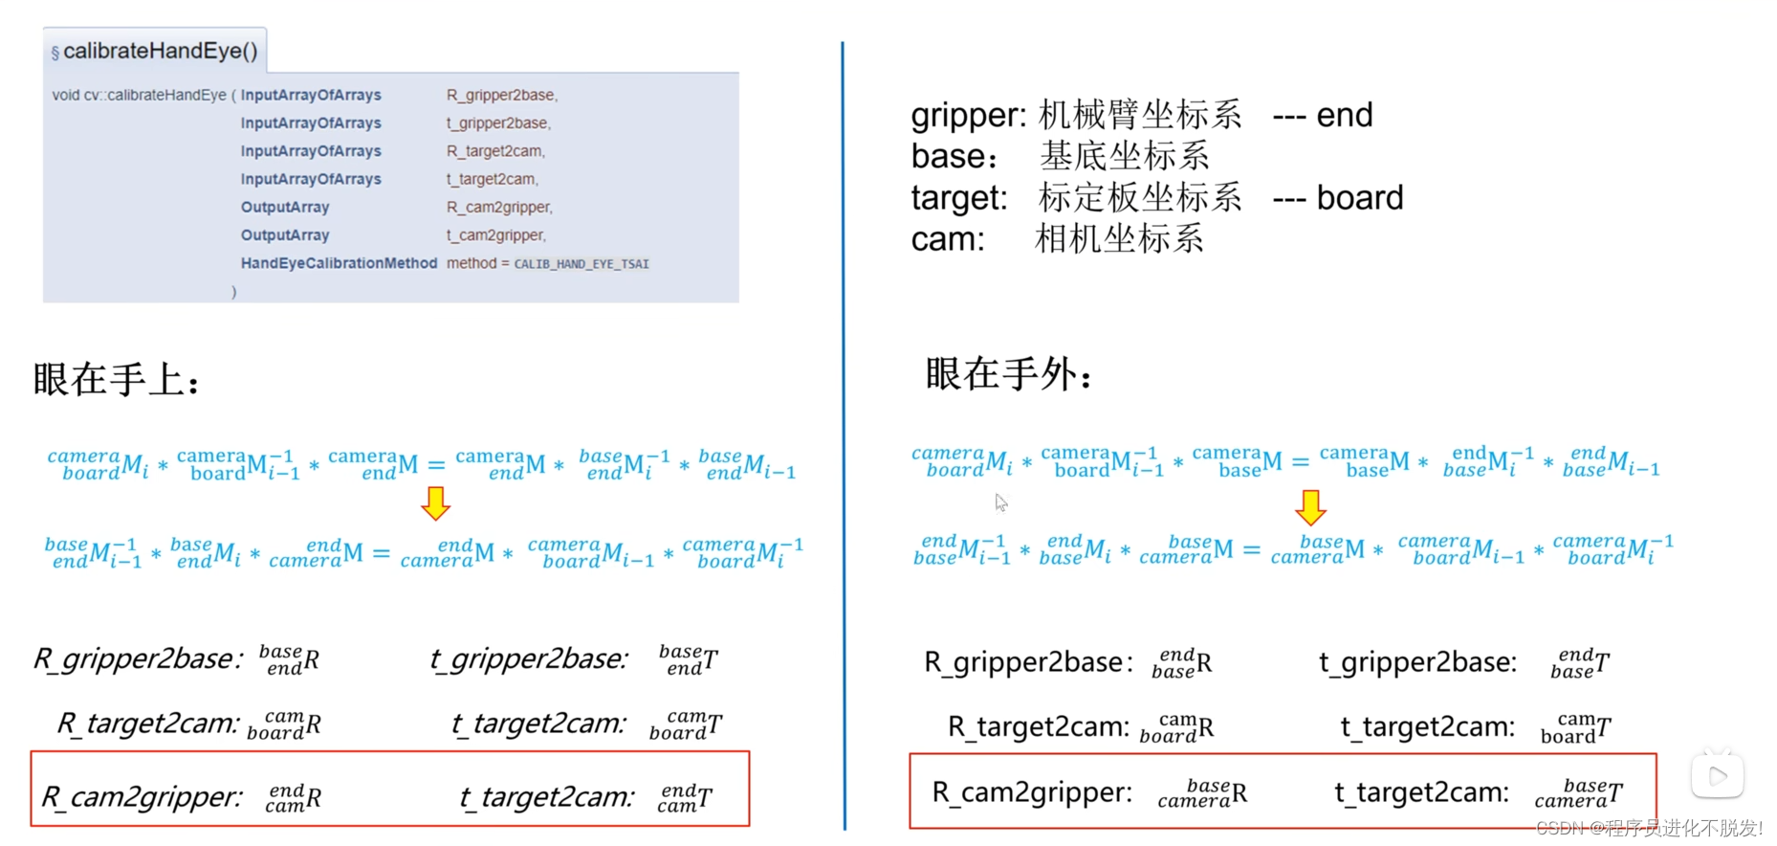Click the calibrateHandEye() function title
pyautogui.click(x=160, y=52)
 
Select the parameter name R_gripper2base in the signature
pyautogui.click(x=501, y=95)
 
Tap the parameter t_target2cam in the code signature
pyautogui.click(x=492, y=179)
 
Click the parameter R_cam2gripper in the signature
pyautogui.click(x=498, y=207)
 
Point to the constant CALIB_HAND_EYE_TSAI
pyautogui.click(x=581, y=264)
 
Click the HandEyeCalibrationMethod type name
pyautogui.click(x=339, y=263)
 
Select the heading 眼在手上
pyautogui.click(x=117, y=380)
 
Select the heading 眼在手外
pyautogui.click(x=1008, y=374)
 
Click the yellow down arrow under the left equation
pyautogui.click(x=435, y=502)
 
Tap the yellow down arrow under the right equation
pyautogui.click(x=1310, y=507)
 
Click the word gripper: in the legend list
pyautogui.click(x=968, y=116)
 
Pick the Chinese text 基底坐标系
pyautogui.click(x=1124, y=156)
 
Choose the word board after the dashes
pyautogui.click(x=1360, y=198)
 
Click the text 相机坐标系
pyautogui.click(x=1119, y=239)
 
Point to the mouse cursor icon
pyautogui.click(x=1000, y=502)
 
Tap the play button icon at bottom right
pyautogui.click(x=1717, y=776)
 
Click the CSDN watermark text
pyautogui.click(x=1649, y=828)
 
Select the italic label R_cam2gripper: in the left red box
pyautogui.click(x=142, y=796)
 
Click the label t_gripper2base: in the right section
pyautogui.click(x=1417, y=662)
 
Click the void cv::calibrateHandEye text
pyautogui.click(x=139, y=95)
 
